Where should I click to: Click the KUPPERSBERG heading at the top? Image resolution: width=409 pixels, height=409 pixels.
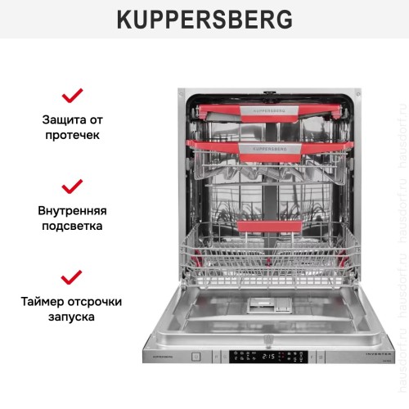pos(204,19)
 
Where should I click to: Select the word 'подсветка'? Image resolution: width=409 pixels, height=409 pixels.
pos(72,226)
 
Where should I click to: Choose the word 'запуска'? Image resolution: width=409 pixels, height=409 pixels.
pos(72,317)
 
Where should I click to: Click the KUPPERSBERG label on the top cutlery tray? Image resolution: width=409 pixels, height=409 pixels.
pos(268,108)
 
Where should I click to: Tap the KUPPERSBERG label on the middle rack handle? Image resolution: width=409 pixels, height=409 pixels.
pos(268,149)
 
